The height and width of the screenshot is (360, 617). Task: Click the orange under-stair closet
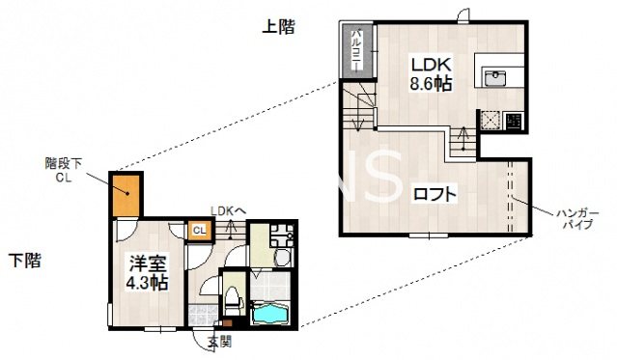point(126,197)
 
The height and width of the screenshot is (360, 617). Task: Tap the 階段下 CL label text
point(64,170)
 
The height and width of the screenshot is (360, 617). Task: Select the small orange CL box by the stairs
point(197,230)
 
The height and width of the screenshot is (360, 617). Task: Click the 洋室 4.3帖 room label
point(146,271)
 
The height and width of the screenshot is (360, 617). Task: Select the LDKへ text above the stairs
point(228,209)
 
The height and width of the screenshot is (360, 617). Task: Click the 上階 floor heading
point(277,27)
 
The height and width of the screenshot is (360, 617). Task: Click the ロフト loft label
point(435,193)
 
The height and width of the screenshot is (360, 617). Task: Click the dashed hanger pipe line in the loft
point(509,193)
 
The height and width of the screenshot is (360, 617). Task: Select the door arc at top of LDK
point(465,14)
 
